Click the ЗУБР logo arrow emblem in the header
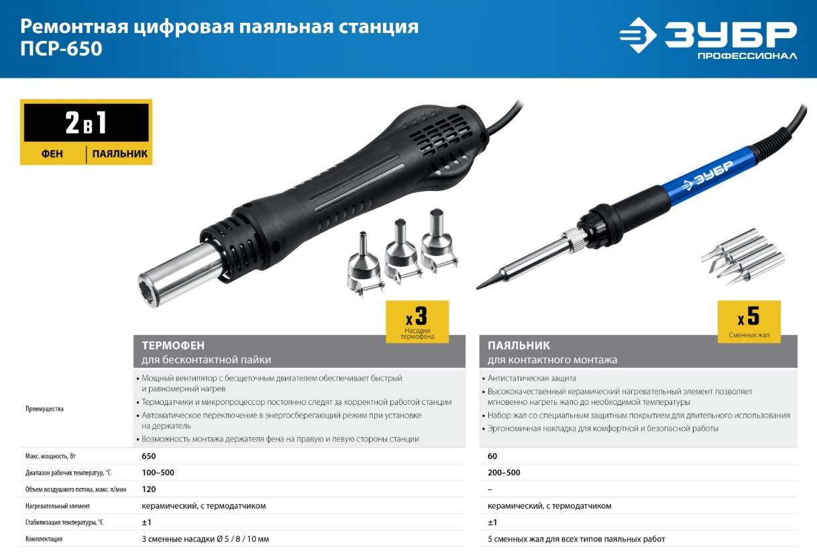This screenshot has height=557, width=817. click(x=639, y=36)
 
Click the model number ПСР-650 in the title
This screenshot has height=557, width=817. click(x=61, y=48)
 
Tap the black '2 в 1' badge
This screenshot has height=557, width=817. click(x=87, y=123)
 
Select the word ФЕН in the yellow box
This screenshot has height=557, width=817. click(x=52, y=154)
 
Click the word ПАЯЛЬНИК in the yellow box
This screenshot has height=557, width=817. click(x=120, y=154)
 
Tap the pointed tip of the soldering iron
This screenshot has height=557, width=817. click(x=478, y=288)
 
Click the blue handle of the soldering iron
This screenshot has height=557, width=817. click(x=710, y=176)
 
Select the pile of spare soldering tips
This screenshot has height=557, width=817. click(x=743, y=257)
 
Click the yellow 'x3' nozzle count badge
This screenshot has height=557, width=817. click(x=417, y=322)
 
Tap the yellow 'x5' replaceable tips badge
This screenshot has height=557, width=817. click(x=749, y=322)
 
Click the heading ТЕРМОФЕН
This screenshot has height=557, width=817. click(x=173, y=345)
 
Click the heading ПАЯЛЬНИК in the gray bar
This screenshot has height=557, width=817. click(x=519, y=345)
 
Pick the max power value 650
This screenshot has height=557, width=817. click(x=149, y=456)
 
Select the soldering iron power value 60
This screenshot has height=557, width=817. click(x=492, y=456)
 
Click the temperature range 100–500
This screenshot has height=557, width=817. click(x=158, y=473)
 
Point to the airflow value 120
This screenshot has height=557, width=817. click(x=149, y=489)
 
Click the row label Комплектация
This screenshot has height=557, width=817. click(x=44, y=539)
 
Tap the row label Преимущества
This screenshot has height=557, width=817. click(x=44, y=409)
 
